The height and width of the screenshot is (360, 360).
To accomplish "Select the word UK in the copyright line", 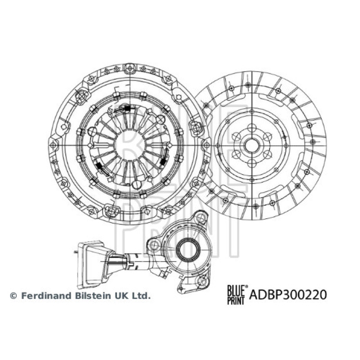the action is (x=119, y=296).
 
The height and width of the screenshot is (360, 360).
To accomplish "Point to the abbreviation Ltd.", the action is (x=140, y=296).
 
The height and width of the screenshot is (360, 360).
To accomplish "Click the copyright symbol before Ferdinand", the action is (x=13, y=296).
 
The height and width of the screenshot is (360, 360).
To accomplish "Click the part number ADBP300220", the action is (x=288, y=295).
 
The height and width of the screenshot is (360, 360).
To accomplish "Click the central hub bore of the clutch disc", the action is (x=252, y=145).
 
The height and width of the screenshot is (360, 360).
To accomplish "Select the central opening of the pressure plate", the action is (x=130, y=145).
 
